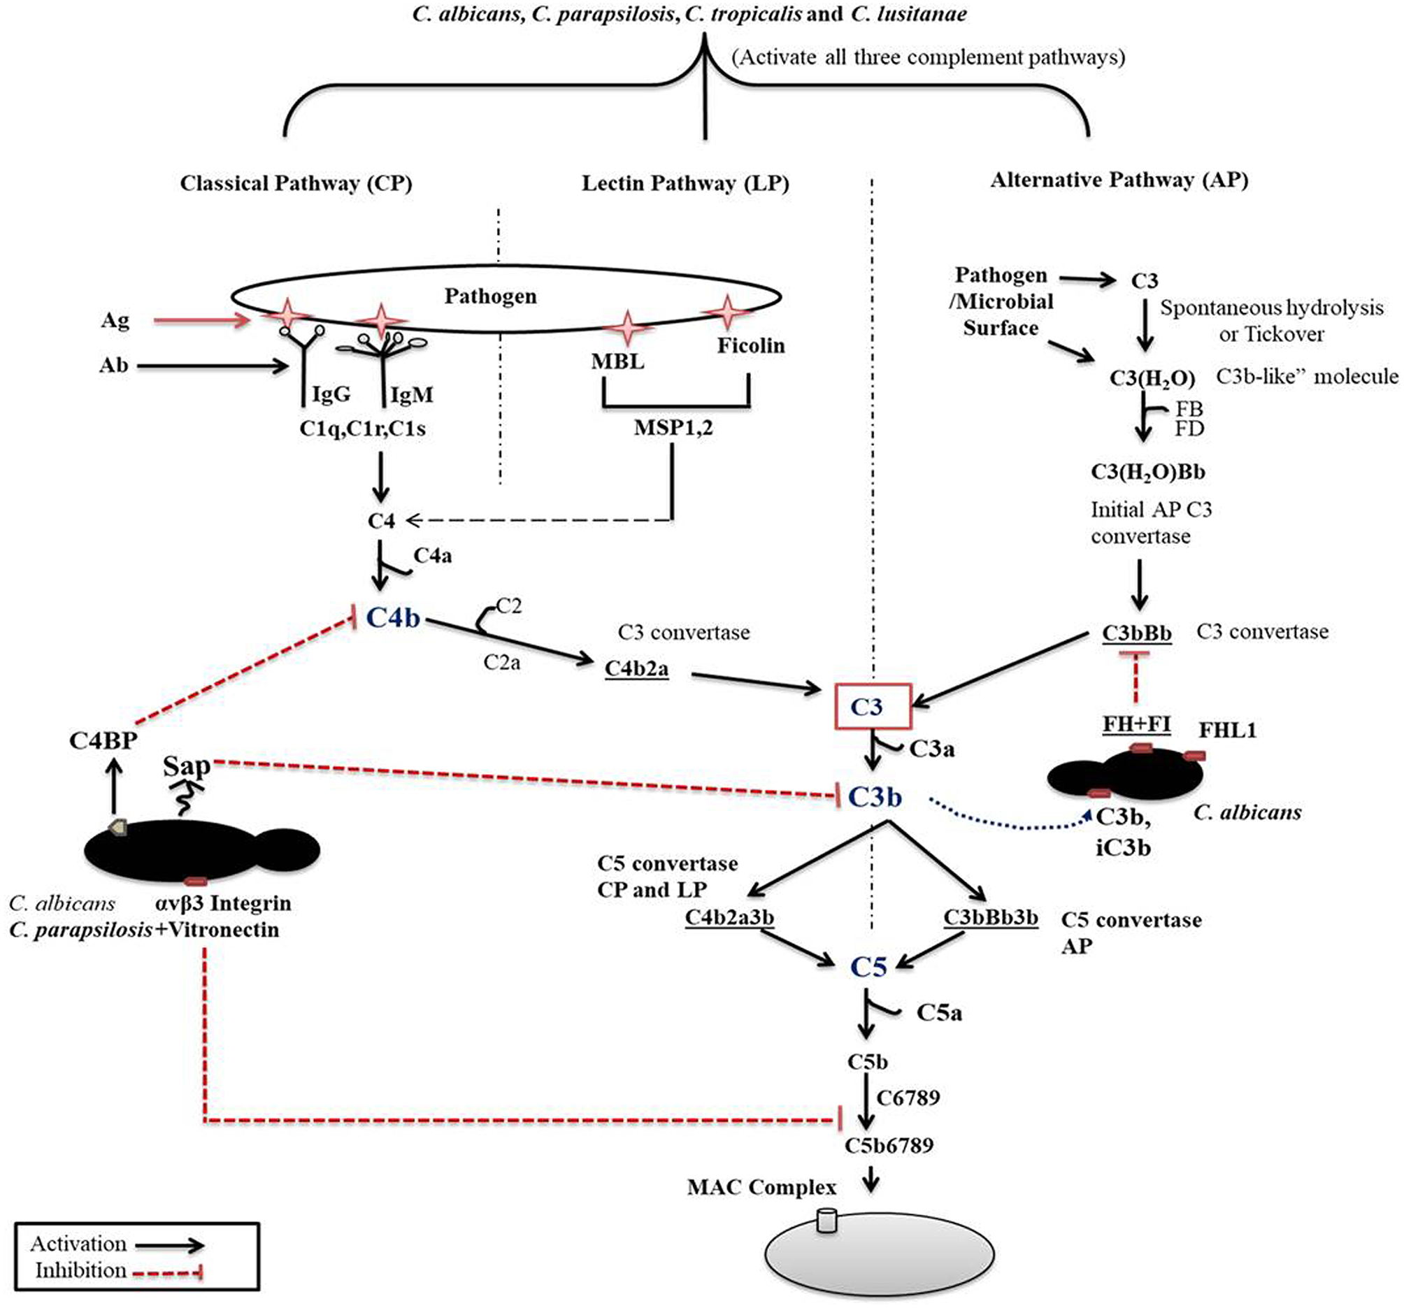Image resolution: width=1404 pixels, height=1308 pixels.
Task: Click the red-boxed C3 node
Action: [x=872, y=706]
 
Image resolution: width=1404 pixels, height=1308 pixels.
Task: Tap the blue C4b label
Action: [x=393, y=618]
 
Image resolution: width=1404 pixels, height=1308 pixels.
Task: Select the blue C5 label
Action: [x=868, y=966]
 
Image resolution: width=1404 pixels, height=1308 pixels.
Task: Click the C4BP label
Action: [x=103, y=740]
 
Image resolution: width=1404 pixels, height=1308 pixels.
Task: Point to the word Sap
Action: [x=187, y=766]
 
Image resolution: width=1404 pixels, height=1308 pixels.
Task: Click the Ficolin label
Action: [x=751, y=345]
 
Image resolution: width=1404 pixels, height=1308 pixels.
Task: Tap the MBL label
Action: [x=618, y=361]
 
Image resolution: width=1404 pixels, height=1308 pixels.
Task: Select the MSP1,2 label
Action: [x=673, y=427]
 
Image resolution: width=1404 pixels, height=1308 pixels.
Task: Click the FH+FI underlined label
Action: [x=1136, y=724]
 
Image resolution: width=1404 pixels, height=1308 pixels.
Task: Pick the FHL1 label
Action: [x=1227, y=730]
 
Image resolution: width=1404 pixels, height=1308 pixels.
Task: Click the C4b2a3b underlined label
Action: [x=729, y=917]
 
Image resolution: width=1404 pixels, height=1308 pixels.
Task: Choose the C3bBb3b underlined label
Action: [x=991, y=917]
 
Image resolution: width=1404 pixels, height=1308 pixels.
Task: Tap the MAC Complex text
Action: [x=761, y=1186]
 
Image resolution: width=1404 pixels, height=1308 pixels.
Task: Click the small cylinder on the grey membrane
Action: [x=826, y=1221]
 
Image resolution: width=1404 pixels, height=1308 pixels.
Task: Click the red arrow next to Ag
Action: [x=202, y=321]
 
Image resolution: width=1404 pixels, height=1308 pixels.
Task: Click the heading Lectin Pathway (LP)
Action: [x=685, y=184]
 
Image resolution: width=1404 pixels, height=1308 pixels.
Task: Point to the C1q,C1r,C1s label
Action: [x=362, y=429]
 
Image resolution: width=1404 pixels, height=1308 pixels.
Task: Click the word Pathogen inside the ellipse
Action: [x=490, y=296]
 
